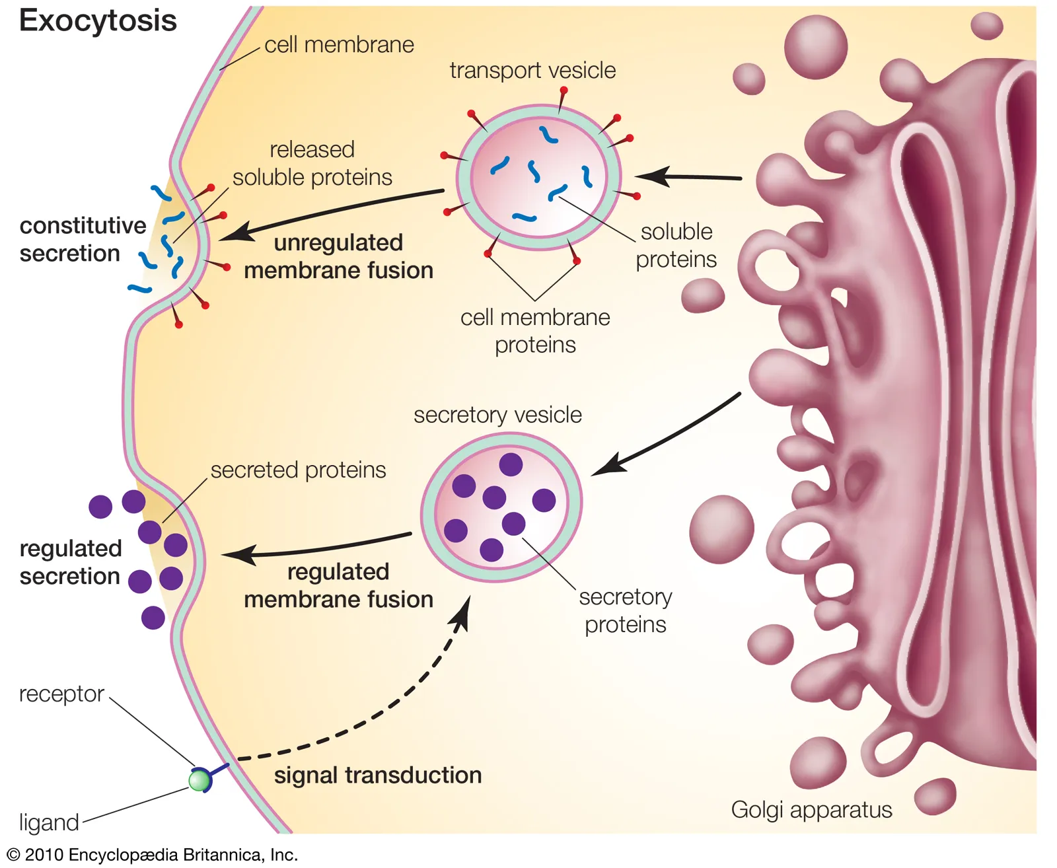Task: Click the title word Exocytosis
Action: coord(98,21)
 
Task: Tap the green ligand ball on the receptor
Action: coord(199,781)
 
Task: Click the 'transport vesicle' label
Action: coord(532,70)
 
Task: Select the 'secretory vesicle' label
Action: coord(497,415)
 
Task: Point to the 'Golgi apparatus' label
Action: coord(811,809)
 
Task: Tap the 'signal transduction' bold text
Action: coord(378,775)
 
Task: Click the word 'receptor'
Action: coord(61,694)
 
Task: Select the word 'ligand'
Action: coord(49,822)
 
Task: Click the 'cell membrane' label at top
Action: coord(339,45)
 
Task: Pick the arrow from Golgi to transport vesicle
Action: coord(687,176)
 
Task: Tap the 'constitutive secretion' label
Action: coord(83,239)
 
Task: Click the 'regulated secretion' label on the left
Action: coord(71,562)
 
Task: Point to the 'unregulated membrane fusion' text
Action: coord(338,256)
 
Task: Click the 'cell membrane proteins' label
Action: coord(535,331)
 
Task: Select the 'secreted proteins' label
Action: coord(298,470)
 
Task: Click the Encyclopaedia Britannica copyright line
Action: coord(152,855)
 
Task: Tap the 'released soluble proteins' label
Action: coord(312,163)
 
